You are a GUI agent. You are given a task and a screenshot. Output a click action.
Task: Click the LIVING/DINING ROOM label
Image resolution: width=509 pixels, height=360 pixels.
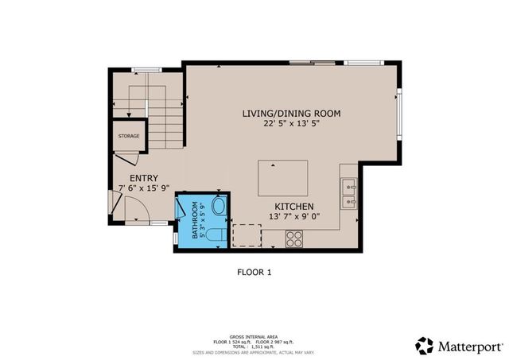point(291,114)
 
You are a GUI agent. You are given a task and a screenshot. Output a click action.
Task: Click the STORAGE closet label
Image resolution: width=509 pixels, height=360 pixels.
point(129,136)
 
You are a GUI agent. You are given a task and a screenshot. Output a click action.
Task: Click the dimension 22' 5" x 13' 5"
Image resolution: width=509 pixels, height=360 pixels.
point(291,124)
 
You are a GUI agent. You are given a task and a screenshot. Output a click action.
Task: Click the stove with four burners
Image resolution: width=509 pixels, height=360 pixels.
point(293,237)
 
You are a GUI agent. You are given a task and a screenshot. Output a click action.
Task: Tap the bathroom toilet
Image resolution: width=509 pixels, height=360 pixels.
point(216,236)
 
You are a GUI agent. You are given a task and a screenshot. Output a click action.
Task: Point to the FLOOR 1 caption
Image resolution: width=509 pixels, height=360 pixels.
point(254,272)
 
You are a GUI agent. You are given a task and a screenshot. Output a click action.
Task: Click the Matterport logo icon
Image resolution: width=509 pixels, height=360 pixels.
point(425,345)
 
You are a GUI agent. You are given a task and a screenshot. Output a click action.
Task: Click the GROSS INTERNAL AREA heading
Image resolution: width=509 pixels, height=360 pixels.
point(254,335)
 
